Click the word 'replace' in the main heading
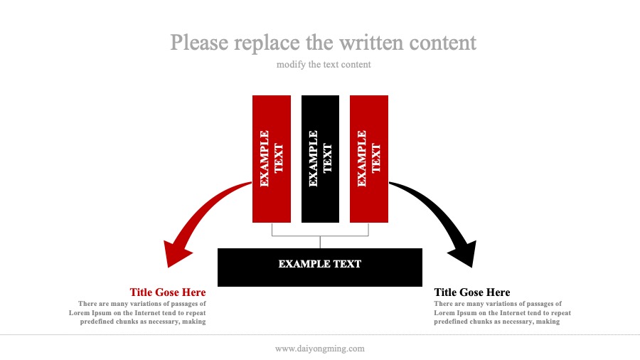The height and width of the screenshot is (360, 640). click(x=267, y=43)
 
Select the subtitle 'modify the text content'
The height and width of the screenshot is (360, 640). click(x=324, y=65)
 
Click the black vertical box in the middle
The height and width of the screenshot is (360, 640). click(x=320, y=159)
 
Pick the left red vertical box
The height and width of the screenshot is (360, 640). click(x=272, y=159)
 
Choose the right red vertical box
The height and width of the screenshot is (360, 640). click(x=369, y=159)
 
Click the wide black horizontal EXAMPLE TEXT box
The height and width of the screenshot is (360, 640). click(x=320, y=268)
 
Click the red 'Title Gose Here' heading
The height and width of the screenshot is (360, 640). click(x=168, y=292)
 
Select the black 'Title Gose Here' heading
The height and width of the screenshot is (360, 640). click(x=472, y=292)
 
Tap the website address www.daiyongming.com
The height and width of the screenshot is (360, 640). click(x=320, y=349)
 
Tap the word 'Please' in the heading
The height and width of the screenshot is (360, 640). click(x=199, y=43)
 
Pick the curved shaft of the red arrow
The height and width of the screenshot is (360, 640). click(x=208, y=206)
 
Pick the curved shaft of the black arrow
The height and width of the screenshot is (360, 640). click(x=432, y=206)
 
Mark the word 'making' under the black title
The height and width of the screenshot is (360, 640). click(x=548, y=322)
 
